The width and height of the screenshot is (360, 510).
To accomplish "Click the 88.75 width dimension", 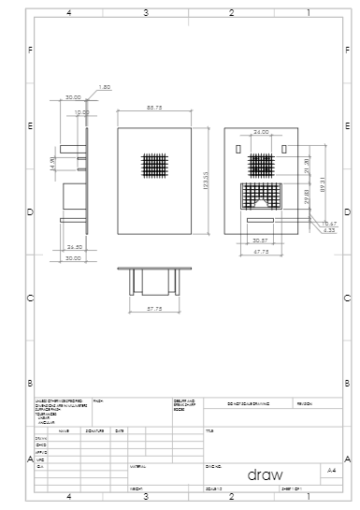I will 155,109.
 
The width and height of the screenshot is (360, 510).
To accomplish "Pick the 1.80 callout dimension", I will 105,86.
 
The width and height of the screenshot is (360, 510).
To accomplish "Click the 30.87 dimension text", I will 261,240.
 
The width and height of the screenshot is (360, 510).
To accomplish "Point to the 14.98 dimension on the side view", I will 53,163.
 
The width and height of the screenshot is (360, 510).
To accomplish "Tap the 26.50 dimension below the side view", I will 74,246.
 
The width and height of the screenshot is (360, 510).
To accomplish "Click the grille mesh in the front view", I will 155,166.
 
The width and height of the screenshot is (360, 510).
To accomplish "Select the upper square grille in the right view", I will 261,166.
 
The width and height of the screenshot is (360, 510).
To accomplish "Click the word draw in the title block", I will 265,474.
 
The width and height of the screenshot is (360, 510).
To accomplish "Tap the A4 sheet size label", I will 332,470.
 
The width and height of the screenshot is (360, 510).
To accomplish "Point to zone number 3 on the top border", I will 146,14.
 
